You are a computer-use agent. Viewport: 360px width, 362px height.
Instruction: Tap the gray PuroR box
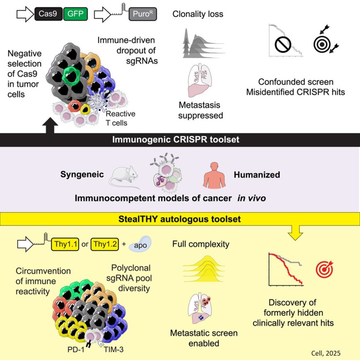(x=142, y=15)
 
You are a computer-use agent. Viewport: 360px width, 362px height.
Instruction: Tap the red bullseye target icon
(x=324, y=269)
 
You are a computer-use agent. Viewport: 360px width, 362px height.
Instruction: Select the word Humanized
(x=257, y=175)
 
